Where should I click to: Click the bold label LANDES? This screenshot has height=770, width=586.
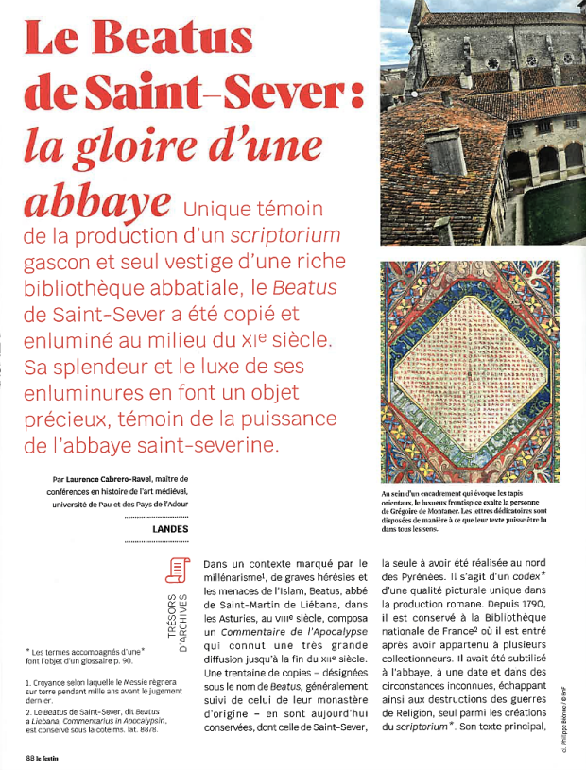coord(169,529)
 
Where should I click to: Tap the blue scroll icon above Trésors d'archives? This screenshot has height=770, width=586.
coord(175,573)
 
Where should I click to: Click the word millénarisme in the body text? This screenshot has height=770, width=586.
coord(246,582)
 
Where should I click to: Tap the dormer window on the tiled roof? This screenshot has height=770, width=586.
coord(444,151)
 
